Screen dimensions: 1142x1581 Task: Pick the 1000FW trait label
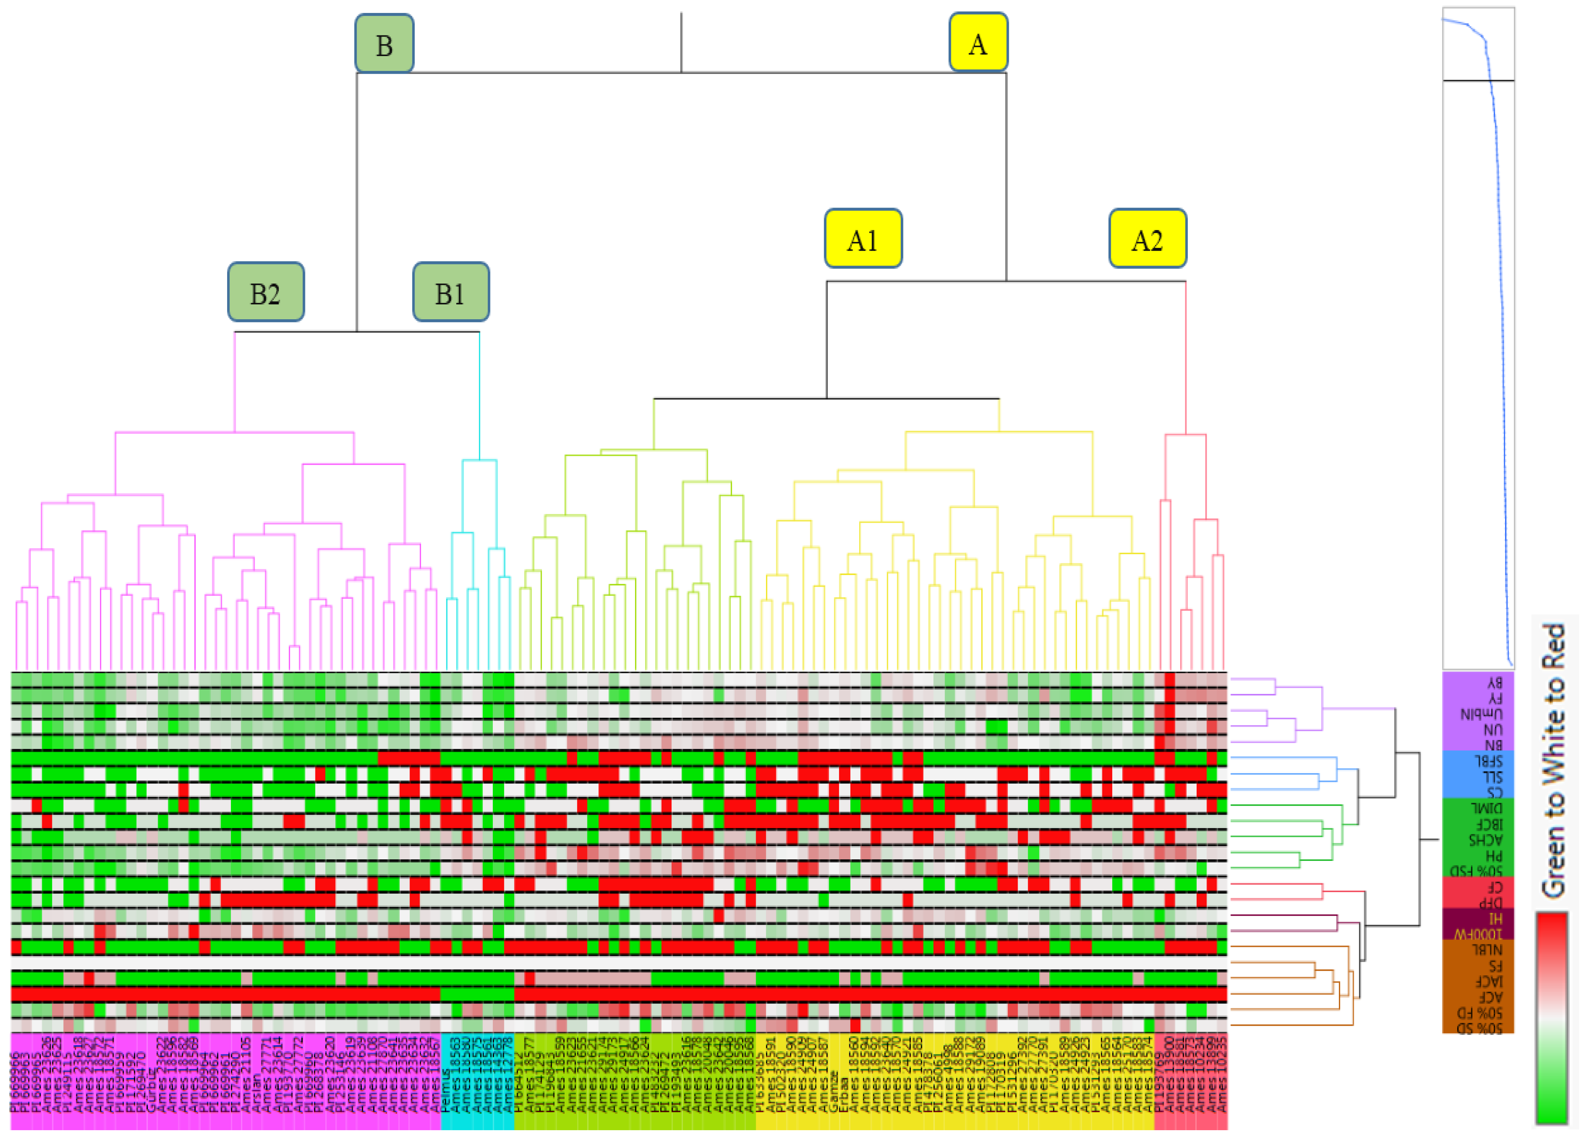click(x=1478, y=933)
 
